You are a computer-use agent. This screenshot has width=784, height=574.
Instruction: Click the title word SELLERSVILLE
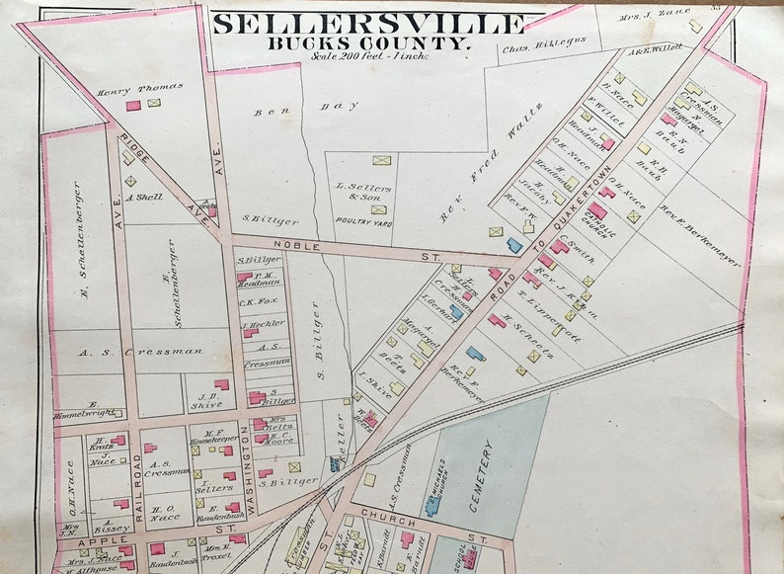(367, 23)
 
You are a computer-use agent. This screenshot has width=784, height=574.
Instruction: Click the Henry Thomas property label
(126, 91)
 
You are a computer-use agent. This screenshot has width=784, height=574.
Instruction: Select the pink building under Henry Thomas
(133, 105)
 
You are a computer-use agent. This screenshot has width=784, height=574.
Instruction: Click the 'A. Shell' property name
(144, 197)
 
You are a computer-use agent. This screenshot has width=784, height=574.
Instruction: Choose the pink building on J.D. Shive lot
(221, 384)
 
